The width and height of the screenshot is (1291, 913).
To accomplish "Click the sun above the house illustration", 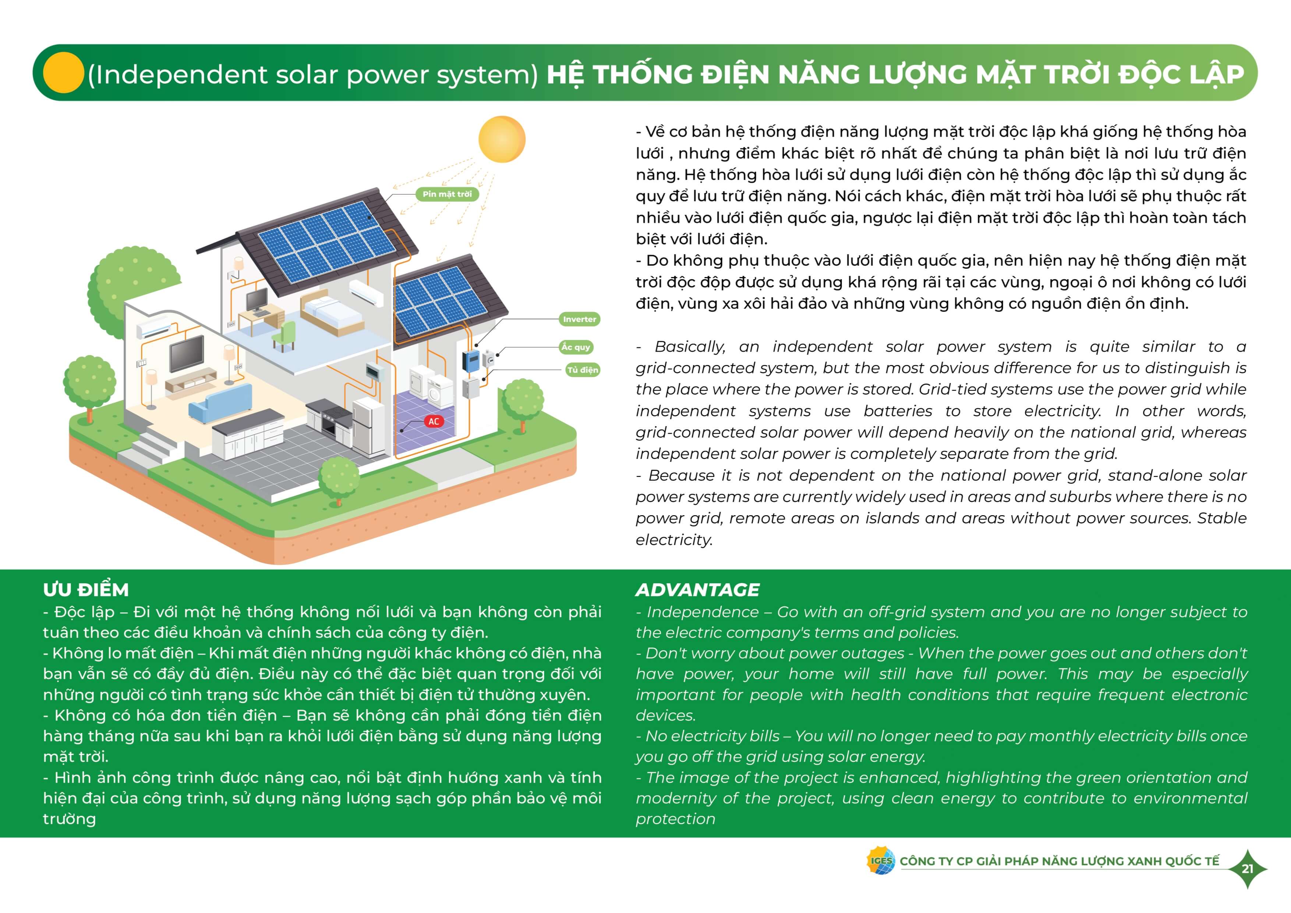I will coord(502,139).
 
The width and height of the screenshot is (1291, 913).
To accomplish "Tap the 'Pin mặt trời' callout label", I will coord(447,194).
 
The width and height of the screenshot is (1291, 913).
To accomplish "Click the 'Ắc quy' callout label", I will coord(576,347).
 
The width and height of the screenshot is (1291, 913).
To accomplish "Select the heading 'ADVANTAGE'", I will coord(697,590).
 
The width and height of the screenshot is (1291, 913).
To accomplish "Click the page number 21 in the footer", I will coord(1247,868).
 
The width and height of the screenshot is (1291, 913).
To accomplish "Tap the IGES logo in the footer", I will coord(881,861).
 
